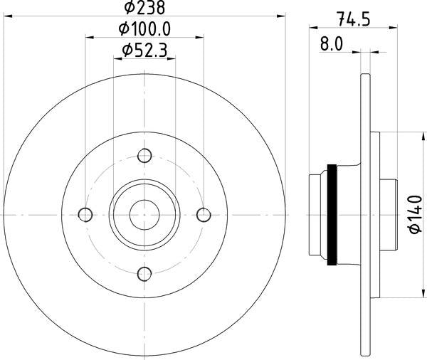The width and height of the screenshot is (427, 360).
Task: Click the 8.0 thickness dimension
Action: point(332,44)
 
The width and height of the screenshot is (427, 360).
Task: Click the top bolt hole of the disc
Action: point(145,156)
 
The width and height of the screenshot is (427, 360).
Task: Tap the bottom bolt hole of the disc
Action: point(145,273)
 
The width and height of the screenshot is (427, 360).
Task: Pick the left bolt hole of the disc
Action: point(86,214)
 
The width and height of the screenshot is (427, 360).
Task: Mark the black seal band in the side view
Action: point(331,214)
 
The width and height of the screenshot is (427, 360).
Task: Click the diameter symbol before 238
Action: point(130,9)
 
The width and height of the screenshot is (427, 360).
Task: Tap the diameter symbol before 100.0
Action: point(122,29)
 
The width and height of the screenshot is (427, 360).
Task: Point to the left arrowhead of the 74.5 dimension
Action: point(312,28)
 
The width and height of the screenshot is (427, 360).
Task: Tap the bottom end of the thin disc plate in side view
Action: point(366,351)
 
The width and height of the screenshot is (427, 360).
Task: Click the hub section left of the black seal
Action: point(318,214)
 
